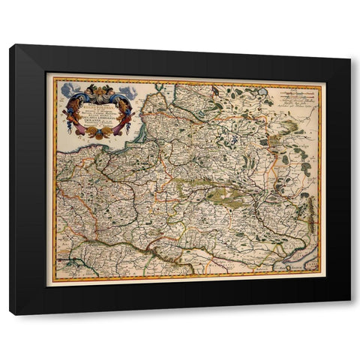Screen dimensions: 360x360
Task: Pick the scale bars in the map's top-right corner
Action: pyautogui.click(x=297, y=93)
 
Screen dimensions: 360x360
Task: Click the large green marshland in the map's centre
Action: pyautogui.click(x=225, y=196)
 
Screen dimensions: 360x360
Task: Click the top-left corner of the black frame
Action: pyautogui.click(x=10, y=46)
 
